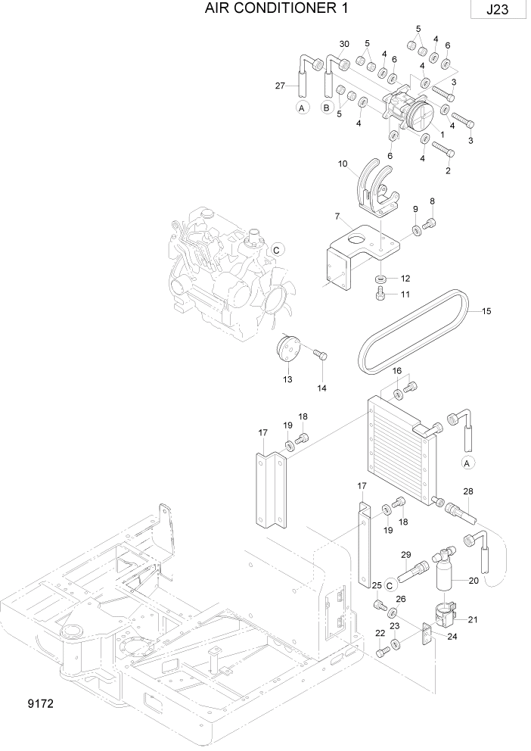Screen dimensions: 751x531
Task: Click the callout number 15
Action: tap(486, 310)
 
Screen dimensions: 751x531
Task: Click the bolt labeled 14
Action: tap(320, 354)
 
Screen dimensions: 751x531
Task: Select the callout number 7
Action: tap(337, 217)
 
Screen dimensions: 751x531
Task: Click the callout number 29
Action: tap(405, 555)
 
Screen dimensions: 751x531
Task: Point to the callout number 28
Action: tap(468, 492)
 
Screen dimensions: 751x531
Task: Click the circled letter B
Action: tap(327, 108)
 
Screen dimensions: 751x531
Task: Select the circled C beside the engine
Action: tap(277, 249)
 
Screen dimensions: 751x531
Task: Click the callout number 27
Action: tap(280, 86)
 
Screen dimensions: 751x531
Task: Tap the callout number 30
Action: tap(344, 44)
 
